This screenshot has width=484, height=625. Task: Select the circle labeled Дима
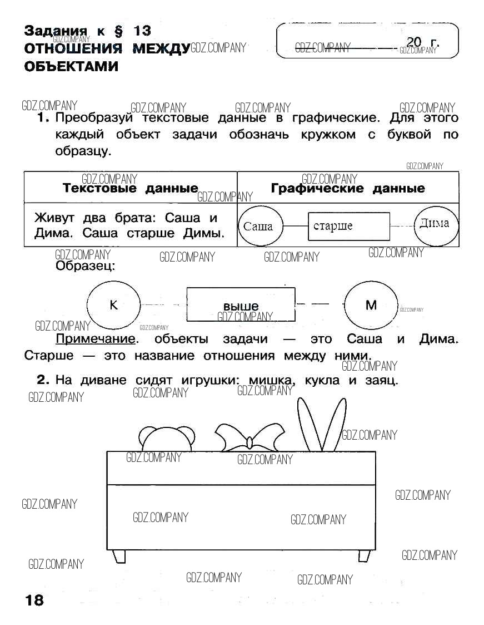(436, 225)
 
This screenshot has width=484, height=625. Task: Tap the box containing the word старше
(348, 226)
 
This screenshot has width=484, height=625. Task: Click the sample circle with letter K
(114, 305)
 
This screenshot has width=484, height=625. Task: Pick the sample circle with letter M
(371, 305)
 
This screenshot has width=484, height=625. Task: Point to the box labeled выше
(241, 305)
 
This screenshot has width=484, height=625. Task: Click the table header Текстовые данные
(131, 188)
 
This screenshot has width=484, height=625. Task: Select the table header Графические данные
(348, 188)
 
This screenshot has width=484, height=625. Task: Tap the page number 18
(34, 600)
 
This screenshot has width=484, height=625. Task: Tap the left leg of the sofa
(119, 556)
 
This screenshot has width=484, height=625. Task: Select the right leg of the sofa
(364, 556)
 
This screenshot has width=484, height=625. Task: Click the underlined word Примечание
(96, 339)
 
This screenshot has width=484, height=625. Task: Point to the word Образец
(85, 266)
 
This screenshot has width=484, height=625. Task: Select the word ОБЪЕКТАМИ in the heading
(72, 66)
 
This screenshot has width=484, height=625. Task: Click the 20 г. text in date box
(422, 42)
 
